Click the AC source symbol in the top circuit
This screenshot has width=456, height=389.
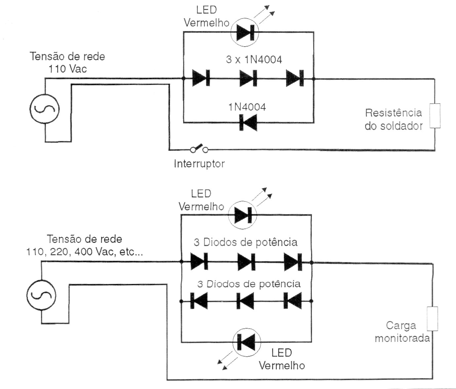point(45,109)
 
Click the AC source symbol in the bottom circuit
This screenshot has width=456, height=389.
point(41,295)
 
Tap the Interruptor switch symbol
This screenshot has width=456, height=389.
point(199,149)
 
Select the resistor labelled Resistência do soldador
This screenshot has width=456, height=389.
point(435,116)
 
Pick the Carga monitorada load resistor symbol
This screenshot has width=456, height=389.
point(432,319)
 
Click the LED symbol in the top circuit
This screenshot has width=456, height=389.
point(244,32)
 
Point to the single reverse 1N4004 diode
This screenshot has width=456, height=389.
point(248,123)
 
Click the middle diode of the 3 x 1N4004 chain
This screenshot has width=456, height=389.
point(248,79)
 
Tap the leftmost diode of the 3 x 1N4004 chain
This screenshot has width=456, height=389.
point(201,79)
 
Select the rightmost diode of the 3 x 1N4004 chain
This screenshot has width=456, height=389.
point(295,79)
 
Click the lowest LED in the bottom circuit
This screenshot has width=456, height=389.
point(247,342)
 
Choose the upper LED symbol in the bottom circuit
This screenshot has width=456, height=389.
point(242,216)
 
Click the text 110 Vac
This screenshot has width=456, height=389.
point(67,69)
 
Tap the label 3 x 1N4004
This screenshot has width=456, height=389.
point(254,60)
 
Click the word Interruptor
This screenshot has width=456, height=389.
point(199,164)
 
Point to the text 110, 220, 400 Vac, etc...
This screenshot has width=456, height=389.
point(85,252)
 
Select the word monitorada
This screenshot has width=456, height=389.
point(402,338)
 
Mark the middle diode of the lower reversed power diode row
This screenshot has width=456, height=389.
point(245,301)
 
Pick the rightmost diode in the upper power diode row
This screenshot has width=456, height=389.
point(293,262)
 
